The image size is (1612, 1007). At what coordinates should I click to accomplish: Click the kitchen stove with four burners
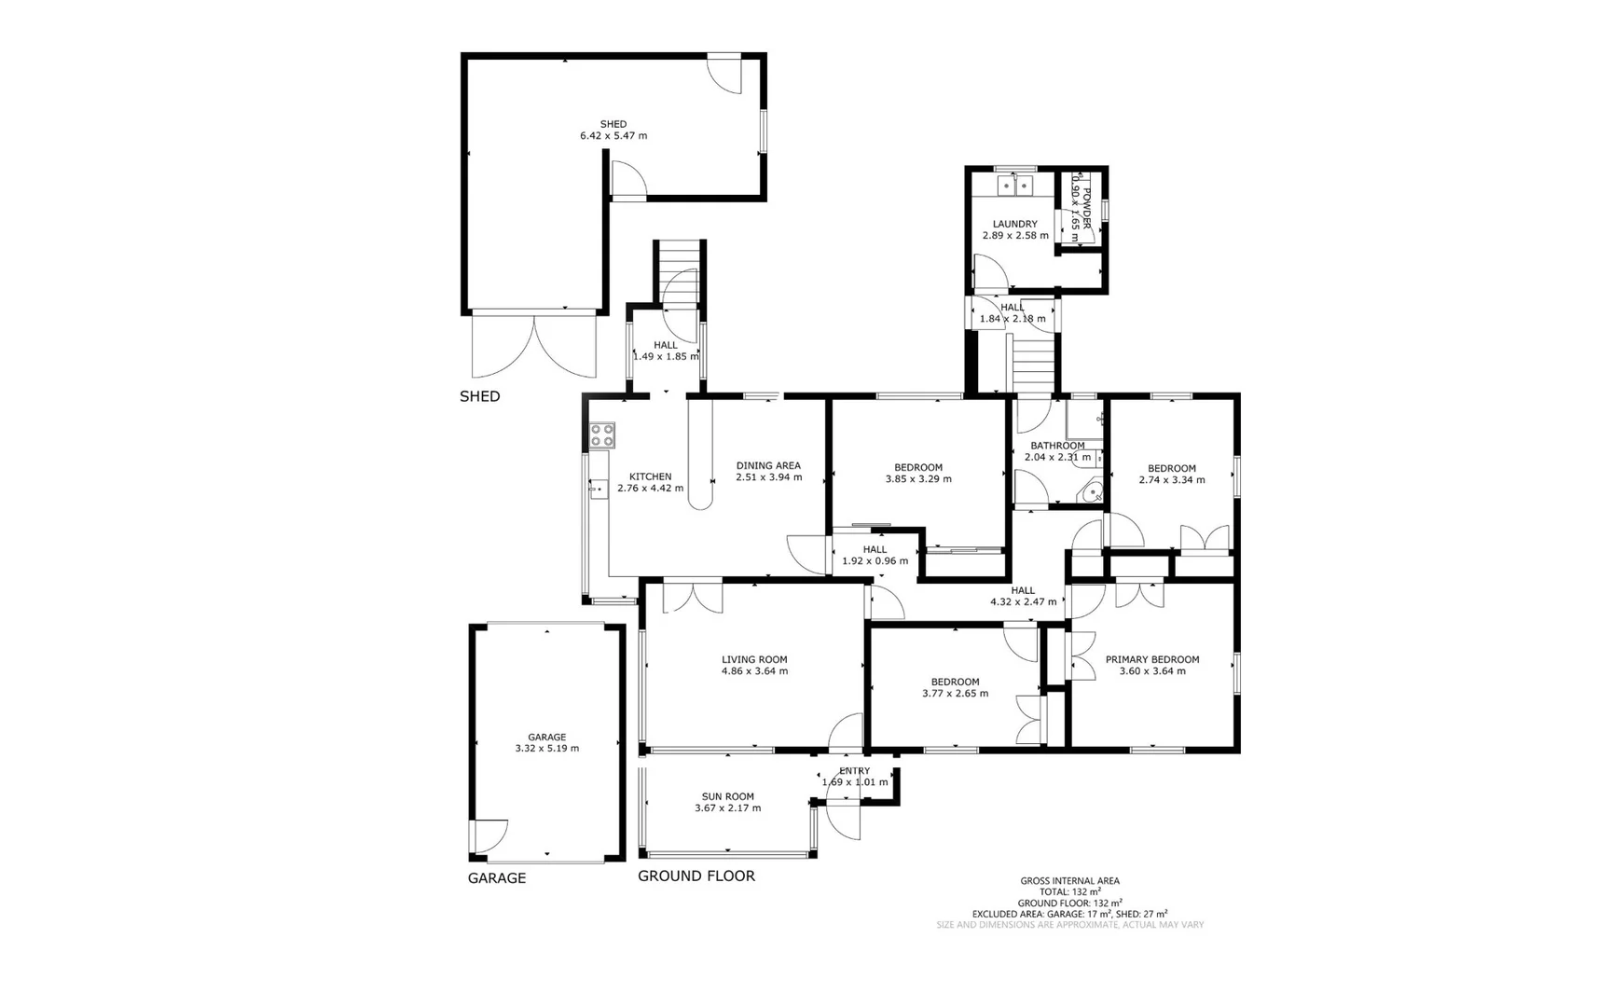[602, 435]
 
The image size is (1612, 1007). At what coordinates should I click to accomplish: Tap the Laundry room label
[1014, 224]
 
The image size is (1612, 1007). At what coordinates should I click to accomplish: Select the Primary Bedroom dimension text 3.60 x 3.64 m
[1152, 671]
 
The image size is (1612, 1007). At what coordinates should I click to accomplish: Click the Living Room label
[754, 659]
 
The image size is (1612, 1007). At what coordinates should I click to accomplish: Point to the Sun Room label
[727, 796]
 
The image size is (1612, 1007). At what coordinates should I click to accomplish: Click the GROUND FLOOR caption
[696, 876]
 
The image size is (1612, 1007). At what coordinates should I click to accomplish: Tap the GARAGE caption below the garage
[496, 878]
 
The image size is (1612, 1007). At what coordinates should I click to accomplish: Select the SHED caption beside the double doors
[479, 396]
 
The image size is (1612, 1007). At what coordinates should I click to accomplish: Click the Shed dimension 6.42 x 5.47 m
[613, 136]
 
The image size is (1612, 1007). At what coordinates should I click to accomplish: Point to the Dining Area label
[768, 465]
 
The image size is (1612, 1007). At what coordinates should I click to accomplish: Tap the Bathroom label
[1057, 446]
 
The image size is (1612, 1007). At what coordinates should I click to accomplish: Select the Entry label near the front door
[854, 770]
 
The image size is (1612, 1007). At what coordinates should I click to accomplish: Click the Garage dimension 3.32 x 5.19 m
[546, 749]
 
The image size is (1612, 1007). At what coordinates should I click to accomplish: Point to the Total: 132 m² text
[1069, 891]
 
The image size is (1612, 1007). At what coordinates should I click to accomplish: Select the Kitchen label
[650, 476]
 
